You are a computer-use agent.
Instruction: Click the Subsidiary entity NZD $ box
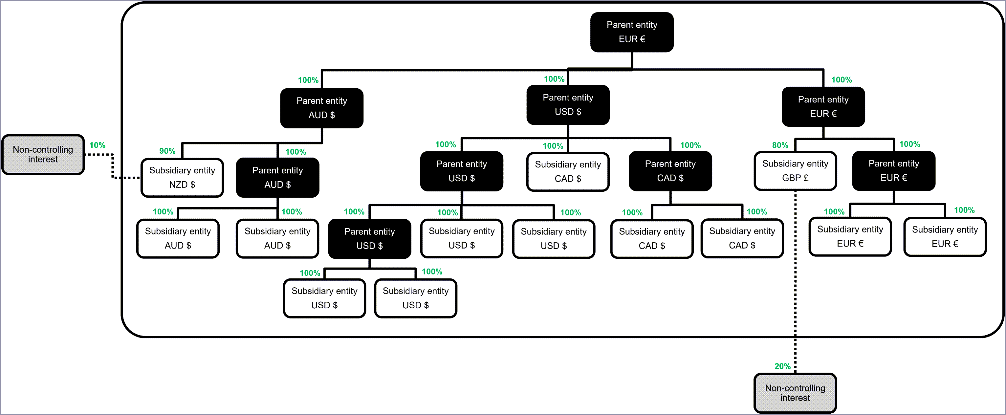click(182, 177)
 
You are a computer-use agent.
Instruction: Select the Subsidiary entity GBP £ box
click(795, 171)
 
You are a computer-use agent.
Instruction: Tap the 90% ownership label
click(167, 151)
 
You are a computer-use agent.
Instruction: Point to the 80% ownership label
click(780, 145)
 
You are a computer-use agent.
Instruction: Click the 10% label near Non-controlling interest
click(97, 145)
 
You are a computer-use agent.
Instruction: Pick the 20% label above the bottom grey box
click(782, 366)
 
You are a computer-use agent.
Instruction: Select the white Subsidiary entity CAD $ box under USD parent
click(567, 171)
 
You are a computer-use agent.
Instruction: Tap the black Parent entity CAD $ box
click(670, 171)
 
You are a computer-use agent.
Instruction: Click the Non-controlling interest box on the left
click(43, 155)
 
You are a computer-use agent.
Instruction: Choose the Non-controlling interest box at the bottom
click(795, 393)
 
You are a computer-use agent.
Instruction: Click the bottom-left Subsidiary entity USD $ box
click(324, 298)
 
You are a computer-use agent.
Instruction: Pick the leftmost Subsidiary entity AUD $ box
click(178, 238)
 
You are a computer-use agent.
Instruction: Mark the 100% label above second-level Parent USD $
click(554, 79)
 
